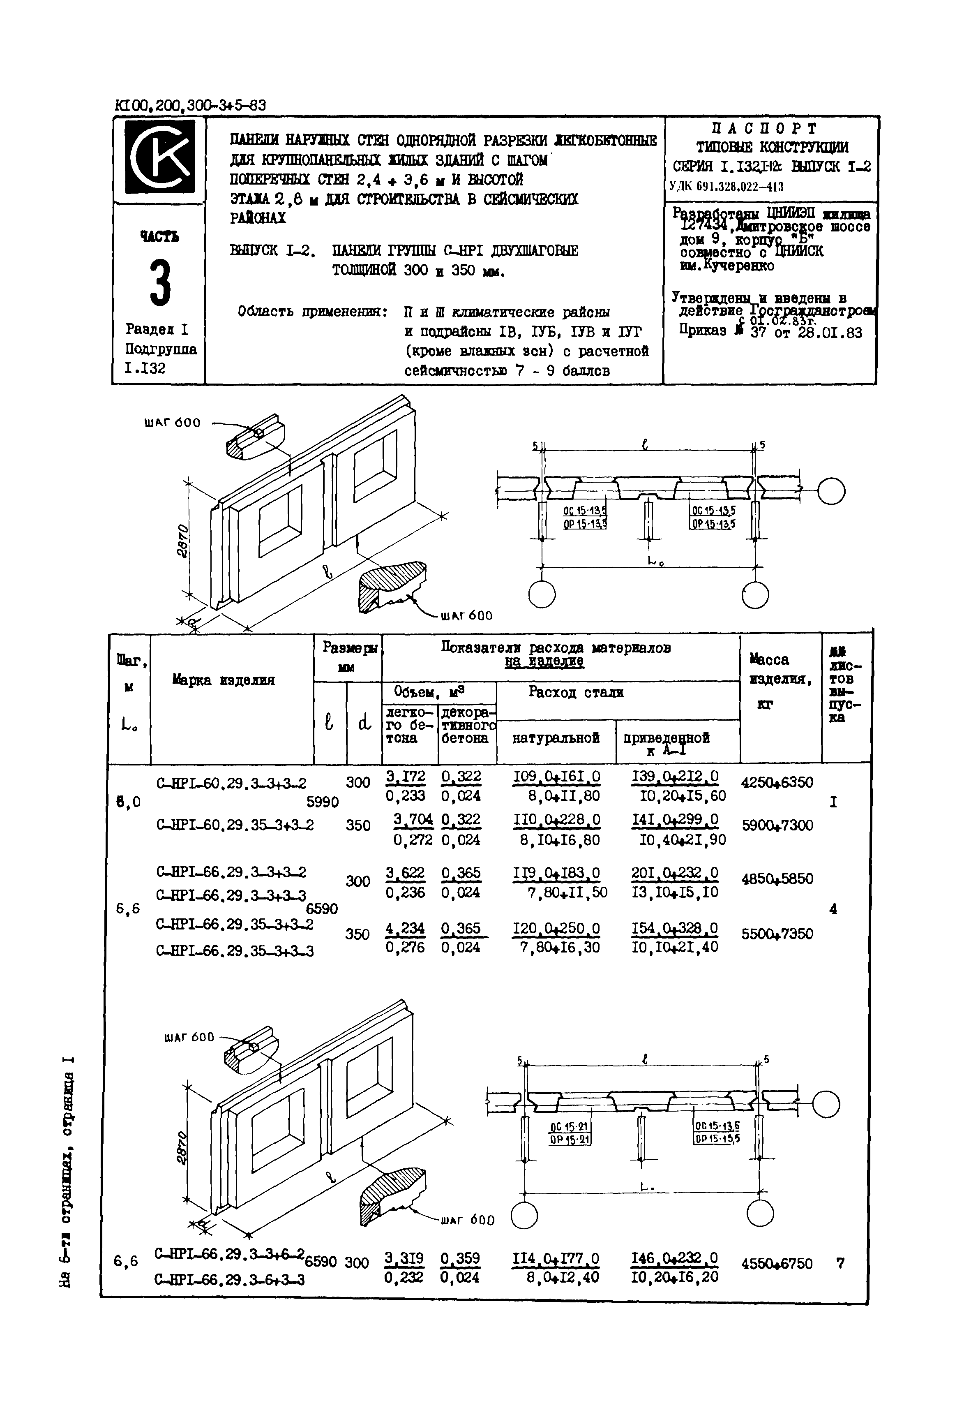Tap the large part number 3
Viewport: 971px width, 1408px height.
point(160,282)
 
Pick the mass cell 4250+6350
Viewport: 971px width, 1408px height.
point(777,782)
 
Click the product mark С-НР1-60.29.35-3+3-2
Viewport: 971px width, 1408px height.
point(235,825)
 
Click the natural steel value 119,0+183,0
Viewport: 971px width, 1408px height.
point(556,873)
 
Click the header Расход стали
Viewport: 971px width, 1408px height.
point(576,692)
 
